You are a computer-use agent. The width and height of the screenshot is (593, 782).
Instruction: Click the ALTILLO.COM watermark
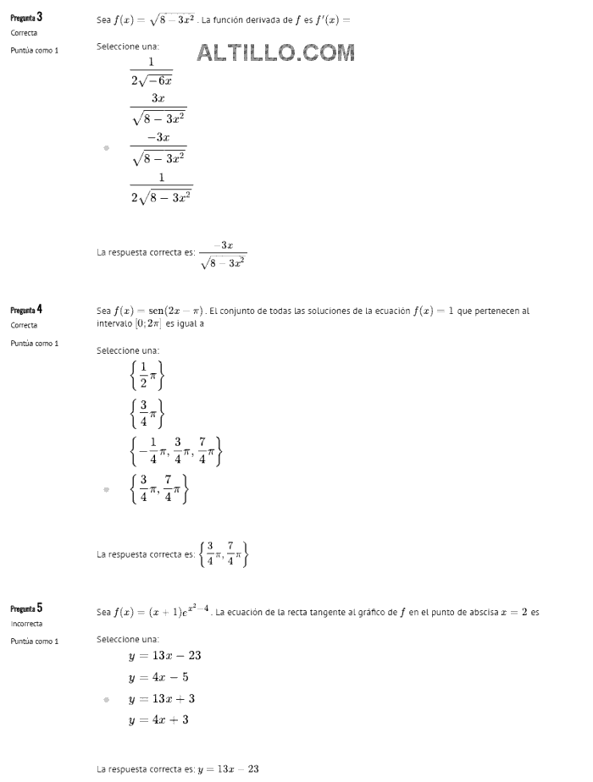pos(275,53)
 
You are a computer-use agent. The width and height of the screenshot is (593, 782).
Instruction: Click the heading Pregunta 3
pos(27,17)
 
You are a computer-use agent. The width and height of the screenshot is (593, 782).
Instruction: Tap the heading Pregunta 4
pos(26,310)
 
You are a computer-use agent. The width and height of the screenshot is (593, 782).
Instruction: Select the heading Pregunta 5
pos(26,609)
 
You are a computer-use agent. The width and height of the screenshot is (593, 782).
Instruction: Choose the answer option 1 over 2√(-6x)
pos(152,72)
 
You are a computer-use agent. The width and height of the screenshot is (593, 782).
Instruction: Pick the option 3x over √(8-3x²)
pos(158,109)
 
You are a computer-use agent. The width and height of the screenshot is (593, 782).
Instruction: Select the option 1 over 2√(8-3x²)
pos(161,187)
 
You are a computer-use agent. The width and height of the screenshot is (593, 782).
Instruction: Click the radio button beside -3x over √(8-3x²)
pos(106,148)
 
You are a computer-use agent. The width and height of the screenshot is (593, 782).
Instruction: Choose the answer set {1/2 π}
pos(147,375)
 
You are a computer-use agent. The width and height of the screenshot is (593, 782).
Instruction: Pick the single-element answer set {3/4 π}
pos(147,413)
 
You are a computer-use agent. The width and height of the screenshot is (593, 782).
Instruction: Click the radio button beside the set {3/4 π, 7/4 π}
pos(106,489)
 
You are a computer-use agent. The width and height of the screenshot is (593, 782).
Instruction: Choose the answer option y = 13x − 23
pos(164,656)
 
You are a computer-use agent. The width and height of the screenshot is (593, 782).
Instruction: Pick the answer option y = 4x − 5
pos(158,677)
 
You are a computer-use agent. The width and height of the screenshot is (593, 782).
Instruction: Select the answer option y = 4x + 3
pos(158,720)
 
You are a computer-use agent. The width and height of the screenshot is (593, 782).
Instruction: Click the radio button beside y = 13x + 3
pos(106,699)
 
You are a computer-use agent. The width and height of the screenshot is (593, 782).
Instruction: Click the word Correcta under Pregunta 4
pos(24,325)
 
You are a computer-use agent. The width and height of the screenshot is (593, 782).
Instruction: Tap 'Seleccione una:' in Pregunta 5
pos(128,639)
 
